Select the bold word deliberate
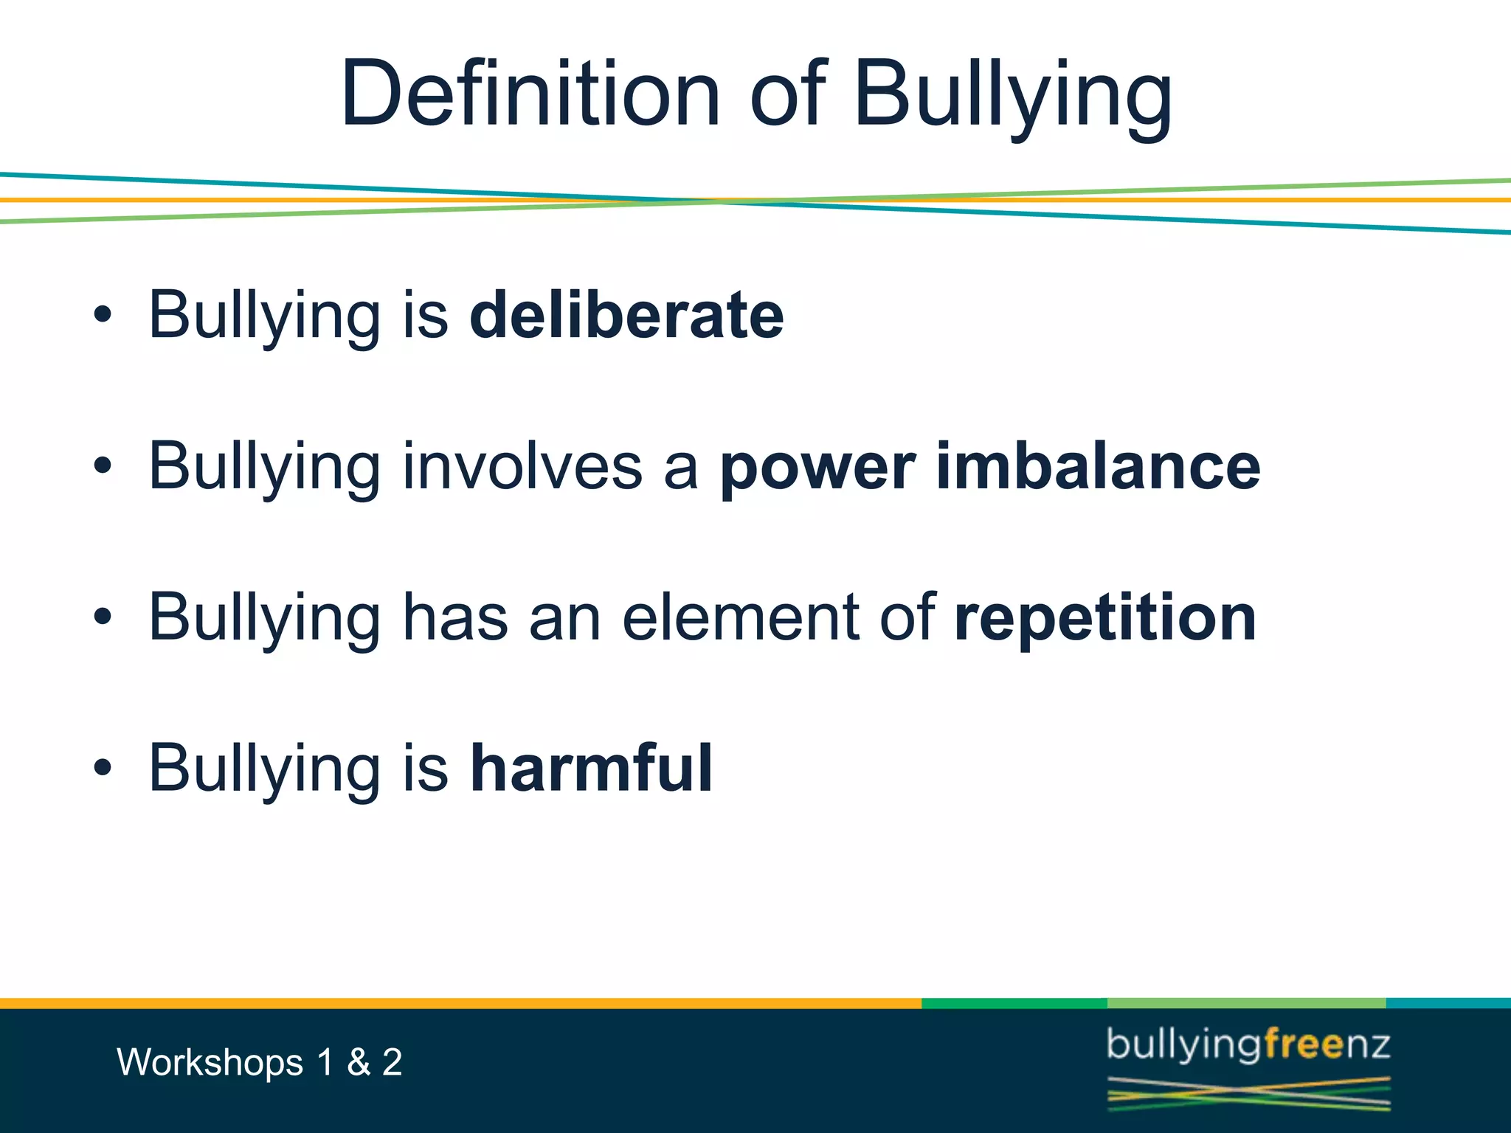click(x=626, y=316)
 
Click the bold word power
click(x=817, y=468)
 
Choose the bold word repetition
click(x=1104, y=618)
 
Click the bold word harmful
click(x=591, y=769)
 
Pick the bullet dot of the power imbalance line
click(x=103, y=466)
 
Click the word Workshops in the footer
click(x=210, y=1063)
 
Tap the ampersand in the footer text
click(x=359, y=1063)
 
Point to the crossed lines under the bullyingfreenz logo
click(x=1248, y=1094)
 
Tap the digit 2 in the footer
click(x=392, y=1063)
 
